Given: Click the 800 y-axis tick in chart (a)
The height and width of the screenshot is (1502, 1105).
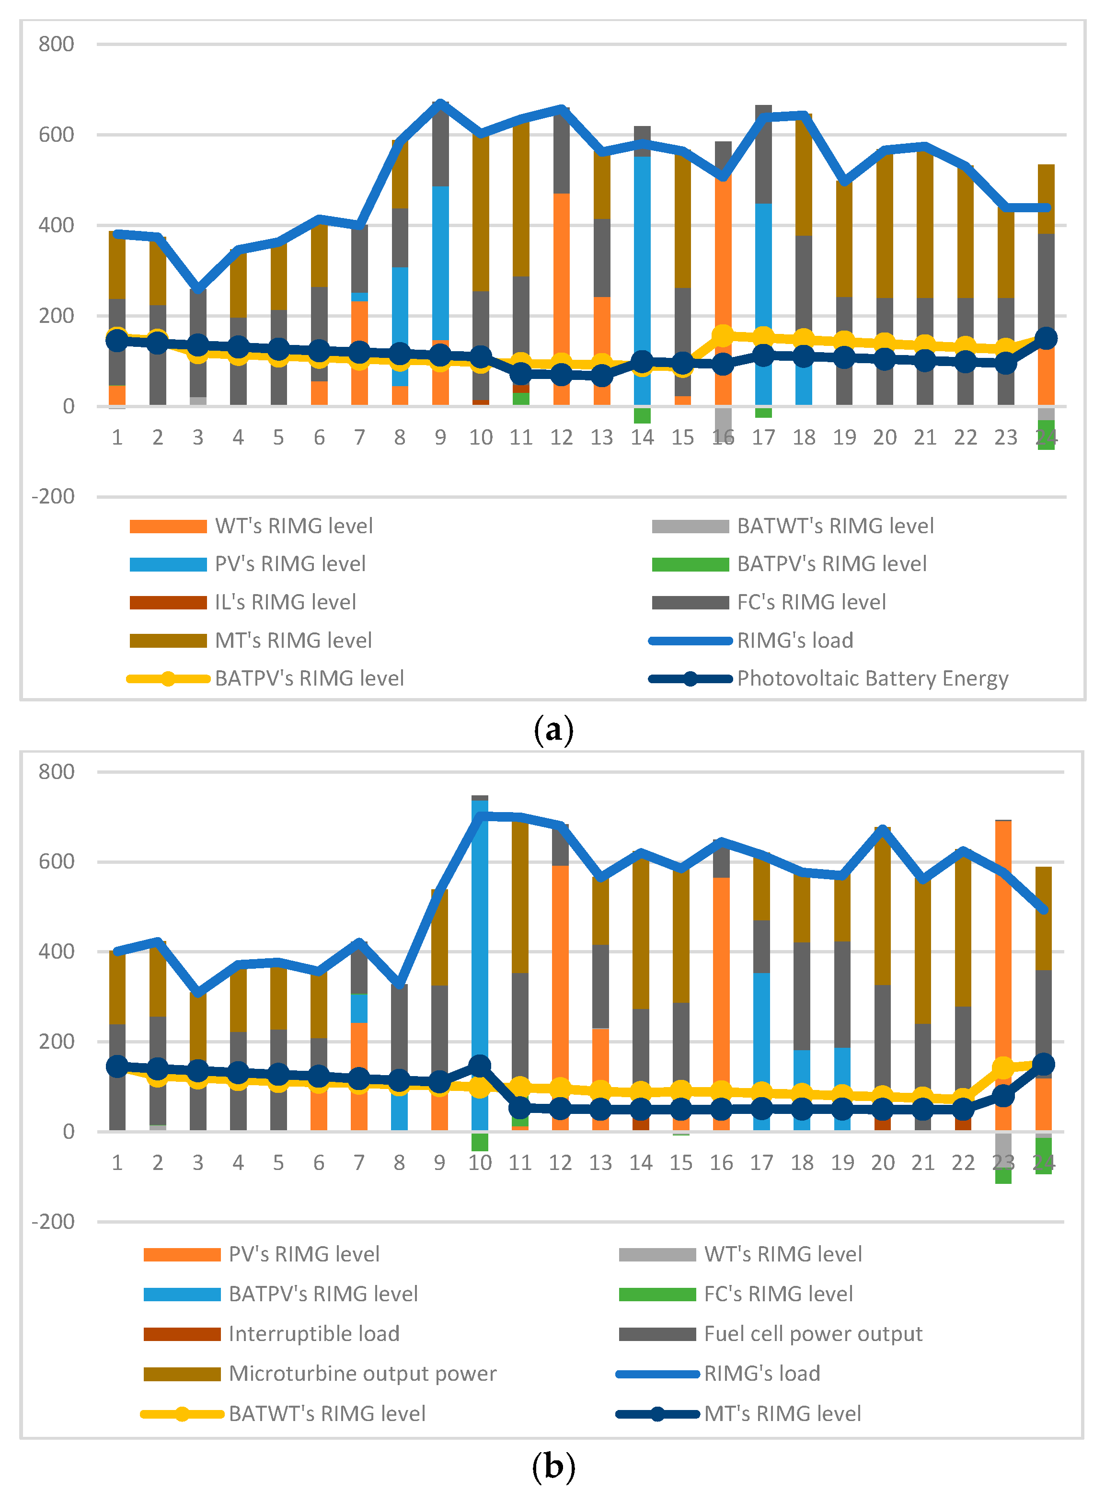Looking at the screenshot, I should pos(56,44).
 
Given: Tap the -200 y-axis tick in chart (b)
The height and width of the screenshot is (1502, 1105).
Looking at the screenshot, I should pos(54,1221).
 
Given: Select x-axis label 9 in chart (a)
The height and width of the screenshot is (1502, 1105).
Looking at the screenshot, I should pos(439,437).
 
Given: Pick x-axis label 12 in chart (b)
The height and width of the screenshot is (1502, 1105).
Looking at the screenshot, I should pos(561,1162).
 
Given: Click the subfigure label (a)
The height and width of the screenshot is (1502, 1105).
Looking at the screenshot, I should pos(553,729).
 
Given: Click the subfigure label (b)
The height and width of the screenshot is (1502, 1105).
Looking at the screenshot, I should pos(553,1467).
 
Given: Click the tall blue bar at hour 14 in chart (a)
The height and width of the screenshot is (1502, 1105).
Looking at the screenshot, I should pos(642,281).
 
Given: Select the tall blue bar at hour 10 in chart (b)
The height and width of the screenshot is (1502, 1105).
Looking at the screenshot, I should pos(480,963).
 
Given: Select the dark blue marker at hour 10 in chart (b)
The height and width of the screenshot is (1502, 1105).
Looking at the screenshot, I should pos(480,1066).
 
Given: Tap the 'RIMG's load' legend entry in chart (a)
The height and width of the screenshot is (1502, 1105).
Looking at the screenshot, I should pos(794,641).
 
